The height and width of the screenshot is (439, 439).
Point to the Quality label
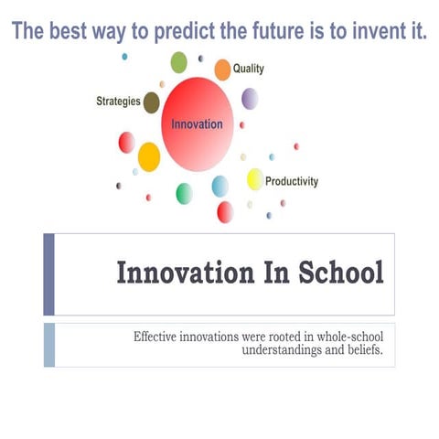coord(249,69)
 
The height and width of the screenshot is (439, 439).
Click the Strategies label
coord(118,102)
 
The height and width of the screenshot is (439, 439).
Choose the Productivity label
coord(292,181)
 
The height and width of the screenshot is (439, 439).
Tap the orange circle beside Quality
coord(222,70)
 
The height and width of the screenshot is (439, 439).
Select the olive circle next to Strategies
coord(152,102)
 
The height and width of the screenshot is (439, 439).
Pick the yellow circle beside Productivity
coord(254,179)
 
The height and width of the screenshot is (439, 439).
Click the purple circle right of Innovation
coord(250,99)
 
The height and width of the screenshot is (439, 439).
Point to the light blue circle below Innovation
coord(220,187)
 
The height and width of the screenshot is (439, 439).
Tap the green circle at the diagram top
coord(179,62)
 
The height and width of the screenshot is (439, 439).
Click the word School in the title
coord(339,273)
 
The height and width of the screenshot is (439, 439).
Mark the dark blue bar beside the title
coord(48,273)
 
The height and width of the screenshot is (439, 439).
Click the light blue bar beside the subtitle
coord(48,344)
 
